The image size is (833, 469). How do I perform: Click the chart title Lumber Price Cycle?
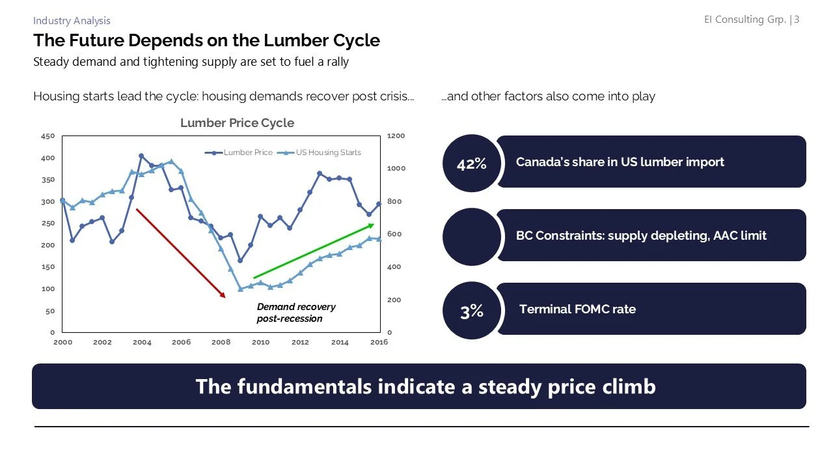tap(237, 123)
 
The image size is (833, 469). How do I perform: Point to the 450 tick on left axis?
tap(48, 136)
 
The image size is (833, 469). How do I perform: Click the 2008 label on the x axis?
tap(221, 343)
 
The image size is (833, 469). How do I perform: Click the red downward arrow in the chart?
tap(180, 253)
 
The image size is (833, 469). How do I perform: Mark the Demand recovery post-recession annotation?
tap(296, 313)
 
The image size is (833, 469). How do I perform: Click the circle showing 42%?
tap(471, 163)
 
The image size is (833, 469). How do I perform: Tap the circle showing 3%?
tap(471, 311)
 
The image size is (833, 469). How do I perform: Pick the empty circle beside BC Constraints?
tap(471, 237)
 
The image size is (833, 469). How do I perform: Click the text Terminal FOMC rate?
tap(577, 309)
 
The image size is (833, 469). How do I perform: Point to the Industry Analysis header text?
tap(72, 21)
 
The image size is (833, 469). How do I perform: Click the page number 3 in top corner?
tap(797, 20)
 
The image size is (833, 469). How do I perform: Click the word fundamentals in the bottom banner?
tap(305, 386)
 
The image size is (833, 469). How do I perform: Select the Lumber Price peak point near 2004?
tap(141, 156)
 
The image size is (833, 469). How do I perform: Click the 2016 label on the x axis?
tap(379, 343)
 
